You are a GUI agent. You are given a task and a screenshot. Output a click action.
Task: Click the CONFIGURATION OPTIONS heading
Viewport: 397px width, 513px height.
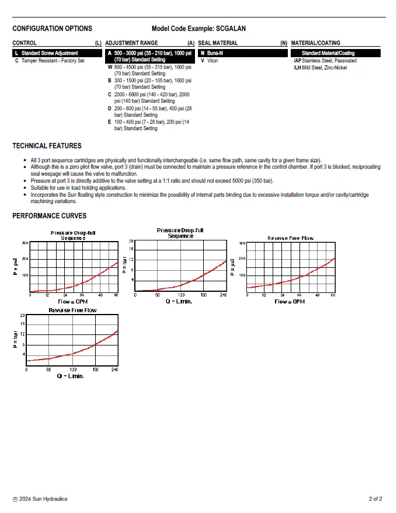pyautogui.click(x=52, y=28)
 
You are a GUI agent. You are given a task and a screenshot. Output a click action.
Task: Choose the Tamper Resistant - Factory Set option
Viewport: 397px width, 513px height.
pyautogui.click(x=53, y=61)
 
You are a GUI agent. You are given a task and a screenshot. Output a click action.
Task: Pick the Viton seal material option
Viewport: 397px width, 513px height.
pyautogui.click(x=212, y=61)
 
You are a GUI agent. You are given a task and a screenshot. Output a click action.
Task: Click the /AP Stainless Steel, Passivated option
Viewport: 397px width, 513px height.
pyautogui.click(x=325, y=61)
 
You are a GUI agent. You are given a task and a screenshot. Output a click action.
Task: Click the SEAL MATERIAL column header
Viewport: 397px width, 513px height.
pyautogui.click(x=218, y=43)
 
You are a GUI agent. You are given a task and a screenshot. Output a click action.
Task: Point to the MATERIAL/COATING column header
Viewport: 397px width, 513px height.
pyautogui.click(x=315, y=43)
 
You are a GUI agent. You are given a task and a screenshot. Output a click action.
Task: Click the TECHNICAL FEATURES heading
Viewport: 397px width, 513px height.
pyautogui.click(x=47, y=145)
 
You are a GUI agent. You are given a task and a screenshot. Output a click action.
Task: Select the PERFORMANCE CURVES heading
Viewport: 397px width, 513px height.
pyautogui.click(x=49, y=216)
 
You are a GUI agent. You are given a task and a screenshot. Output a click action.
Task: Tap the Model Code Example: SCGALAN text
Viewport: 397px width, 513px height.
pyautogui.click(x=197, y=28)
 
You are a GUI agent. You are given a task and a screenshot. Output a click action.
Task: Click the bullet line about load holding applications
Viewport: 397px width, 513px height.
pyautogui.click(x=78, y=188)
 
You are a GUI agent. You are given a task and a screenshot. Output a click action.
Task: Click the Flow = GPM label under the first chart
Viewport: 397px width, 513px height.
pyautogui.click(x=73, y=301)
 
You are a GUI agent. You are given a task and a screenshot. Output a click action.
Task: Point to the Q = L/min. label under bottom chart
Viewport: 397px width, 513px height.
pyautogui.click(x=71, y=376)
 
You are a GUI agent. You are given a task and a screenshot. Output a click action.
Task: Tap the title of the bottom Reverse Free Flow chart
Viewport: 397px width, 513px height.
pyautogui.click(x=72, y=310)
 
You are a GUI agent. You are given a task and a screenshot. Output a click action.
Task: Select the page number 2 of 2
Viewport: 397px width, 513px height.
pyautogui.click(x=375, y=499)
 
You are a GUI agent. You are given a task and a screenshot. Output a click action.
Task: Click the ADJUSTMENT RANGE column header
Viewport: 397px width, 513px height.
pyautogui.click(x=131, y=43)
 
